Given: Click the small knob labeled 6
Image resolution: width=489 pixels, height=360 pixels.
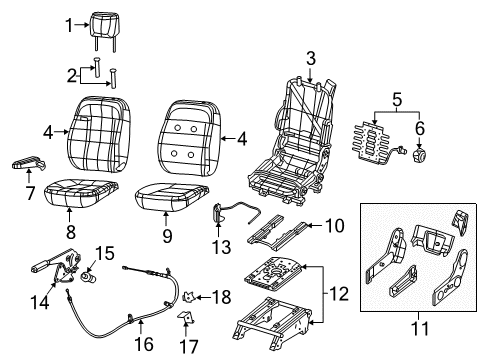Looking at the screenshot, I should [x=419, y=155].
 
